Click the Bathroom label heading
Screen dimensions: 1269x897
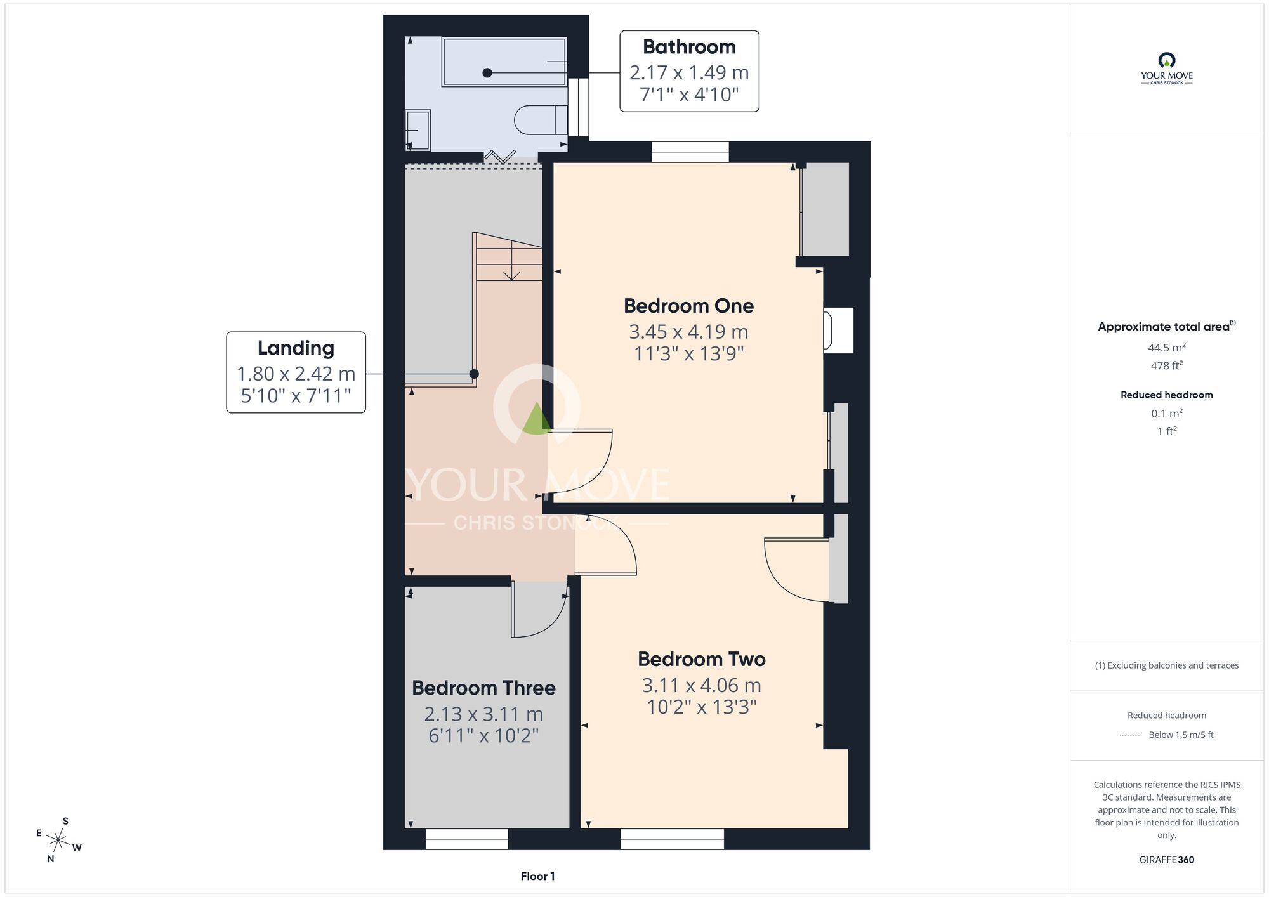tap(689, 47)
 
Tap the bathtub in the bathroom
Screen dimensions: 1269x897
tap(504, 62)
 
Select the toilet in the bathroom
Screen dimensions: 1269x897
tap(541, 119)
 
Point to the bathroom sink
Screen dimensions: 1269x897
tap(418, 130)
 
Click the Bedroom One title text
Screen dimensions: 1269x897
tap(688, 306)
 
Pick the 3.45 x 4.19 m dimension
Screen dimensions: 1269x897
tap(688, 331)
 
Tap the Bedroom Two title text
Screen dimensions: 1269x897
tap(701, 659)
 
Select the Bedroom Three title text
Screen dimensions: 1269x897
tap(483, 688)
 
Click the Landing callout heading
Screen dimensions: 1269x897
tap(296, 348)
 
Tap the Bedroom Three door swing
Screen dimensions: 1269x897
tap(538, 610)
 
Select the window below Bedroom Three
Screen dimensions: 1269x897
tap(466, 839)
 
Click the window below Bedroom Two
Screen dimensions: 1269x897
tap(672, 839)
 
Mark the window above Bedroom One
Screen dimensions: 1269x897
tap(690, 152)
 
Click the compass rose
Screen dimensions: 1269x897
tap(58, 841)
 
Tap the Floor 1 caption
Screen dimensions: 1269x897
tap(537, 876)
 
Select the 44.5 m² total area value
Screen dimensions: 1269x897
tap(1166, 347)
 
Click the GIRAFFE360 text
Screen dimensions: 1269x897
tap(1166, 860)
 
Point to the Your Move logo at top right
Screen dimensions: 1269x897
tap(1166, 69)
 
